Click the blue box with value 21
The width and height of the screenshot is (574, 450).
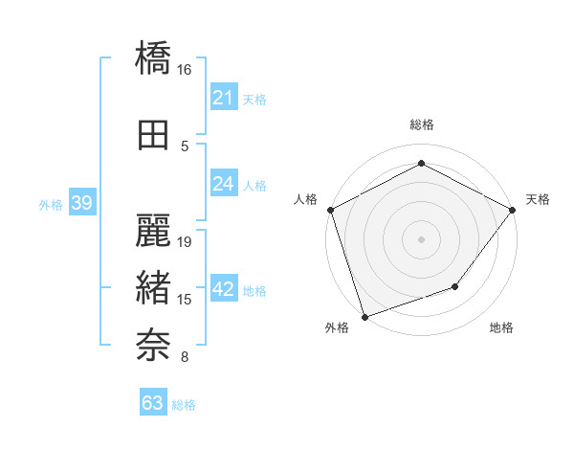pos(223,98)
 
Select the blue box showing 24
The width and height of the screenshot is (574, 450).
pos(223,184)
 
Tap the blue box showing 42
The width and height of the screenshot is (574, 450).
pos(223,289)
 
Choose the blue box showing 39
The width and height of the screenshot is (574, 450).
pos(81,203)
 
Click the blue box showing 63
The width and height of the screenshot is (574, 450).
pos(152,403)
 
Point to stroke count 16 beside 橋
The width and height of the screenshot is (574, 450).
pos(185,70)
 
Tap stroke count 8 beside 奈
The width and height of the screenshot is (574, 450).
pos(185,358)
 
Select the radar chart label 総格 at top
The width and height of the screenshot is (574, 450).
pos(421,124)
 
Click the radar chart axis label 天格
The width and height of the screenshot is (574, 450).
pos(538,199)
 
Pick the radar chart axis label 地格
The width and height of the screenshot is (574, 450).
pos(501,328)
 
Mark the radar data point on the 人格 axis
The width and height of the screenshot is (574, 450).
pos(331,210)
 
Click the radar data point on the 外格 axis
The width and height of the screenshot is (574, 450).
pos(364,316)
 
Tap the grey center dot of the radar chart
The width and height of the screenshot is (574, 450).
pos(421,238)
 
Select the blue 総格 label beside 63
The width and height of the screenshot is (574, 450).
pos(184,405)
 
